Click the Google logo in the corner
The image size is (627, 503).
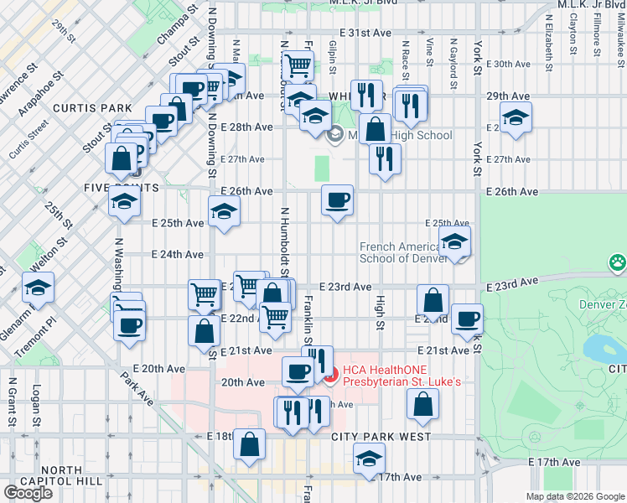click(x=28, y=493)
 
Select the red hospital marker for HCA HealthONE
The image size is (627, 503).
click(x=332, y=377)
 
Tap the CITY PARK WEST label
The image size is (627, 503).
click(x=381, y=437)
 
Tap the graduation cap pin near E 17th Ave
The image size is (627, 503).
click(x=367, y=459)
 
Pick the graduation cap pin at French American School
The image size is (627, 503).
click(x=454, y=242)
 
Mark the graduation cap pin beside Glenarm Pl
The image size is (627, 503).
click(x=38, y=288)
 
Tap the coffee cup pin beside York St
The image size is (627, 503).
click(x=467, y=319)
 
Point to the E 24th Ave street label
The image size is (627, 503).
click(x=177, y=254)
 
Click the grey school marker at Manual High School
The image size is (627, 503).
click(x=334, y=134)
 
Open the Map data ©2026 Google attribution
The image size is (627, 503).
click(x=575, y=496)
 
